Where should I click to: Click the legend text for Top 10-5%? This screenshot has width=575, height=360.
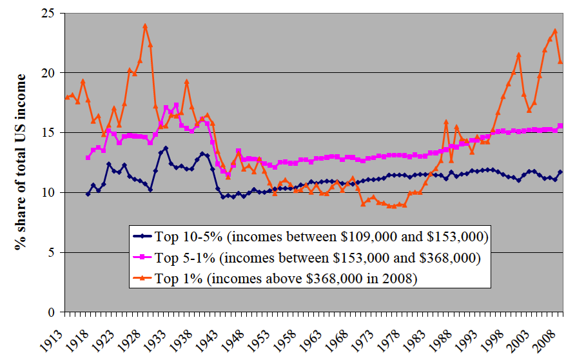(320, 235)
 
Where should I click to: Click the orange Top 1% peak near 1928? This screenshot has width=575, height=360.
(145, 26)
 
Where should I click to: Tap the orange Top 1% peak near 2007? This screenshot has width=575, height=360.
(555, 30)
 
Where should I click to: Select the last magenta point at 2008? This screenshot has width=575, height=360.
(560, 126)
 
